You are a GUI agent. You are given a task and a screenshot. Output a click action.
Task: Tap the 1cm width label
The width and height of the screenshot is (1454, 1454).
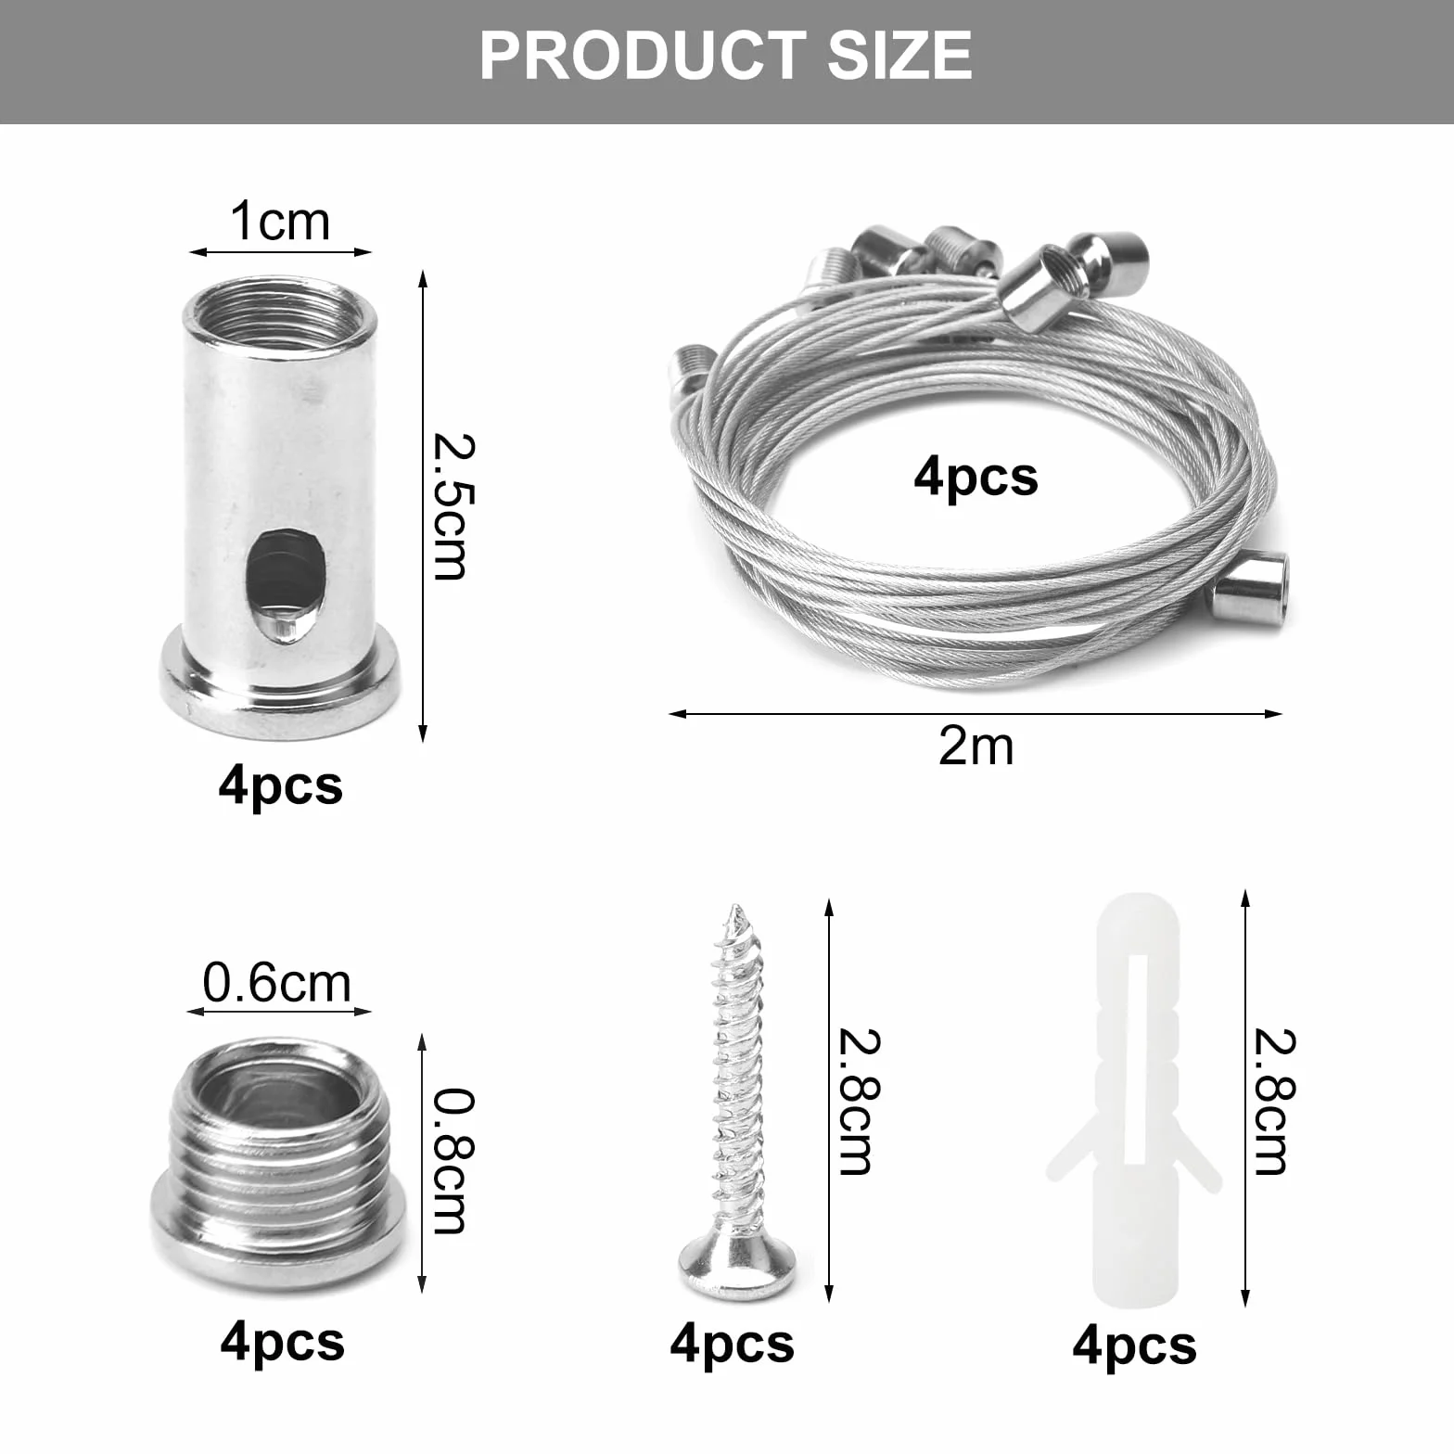(x=280, y=222)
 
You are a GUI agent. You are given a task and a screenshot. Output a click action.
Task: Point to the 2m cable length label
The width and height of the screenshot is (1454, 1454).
(x=976, y=746)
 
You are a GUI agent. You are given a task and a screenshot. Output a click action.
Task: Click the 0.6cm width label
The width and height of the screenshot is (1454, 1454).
(x=276, y=983)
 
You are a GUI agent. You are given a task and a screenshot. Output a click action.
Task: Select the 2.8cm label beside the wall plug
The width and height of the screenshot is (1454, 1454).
(x=1274, y=1102)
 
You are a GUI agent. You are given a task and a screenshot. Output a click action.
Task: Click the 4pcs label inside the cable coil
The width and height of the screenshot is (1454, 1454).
(x=976, y=478)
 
